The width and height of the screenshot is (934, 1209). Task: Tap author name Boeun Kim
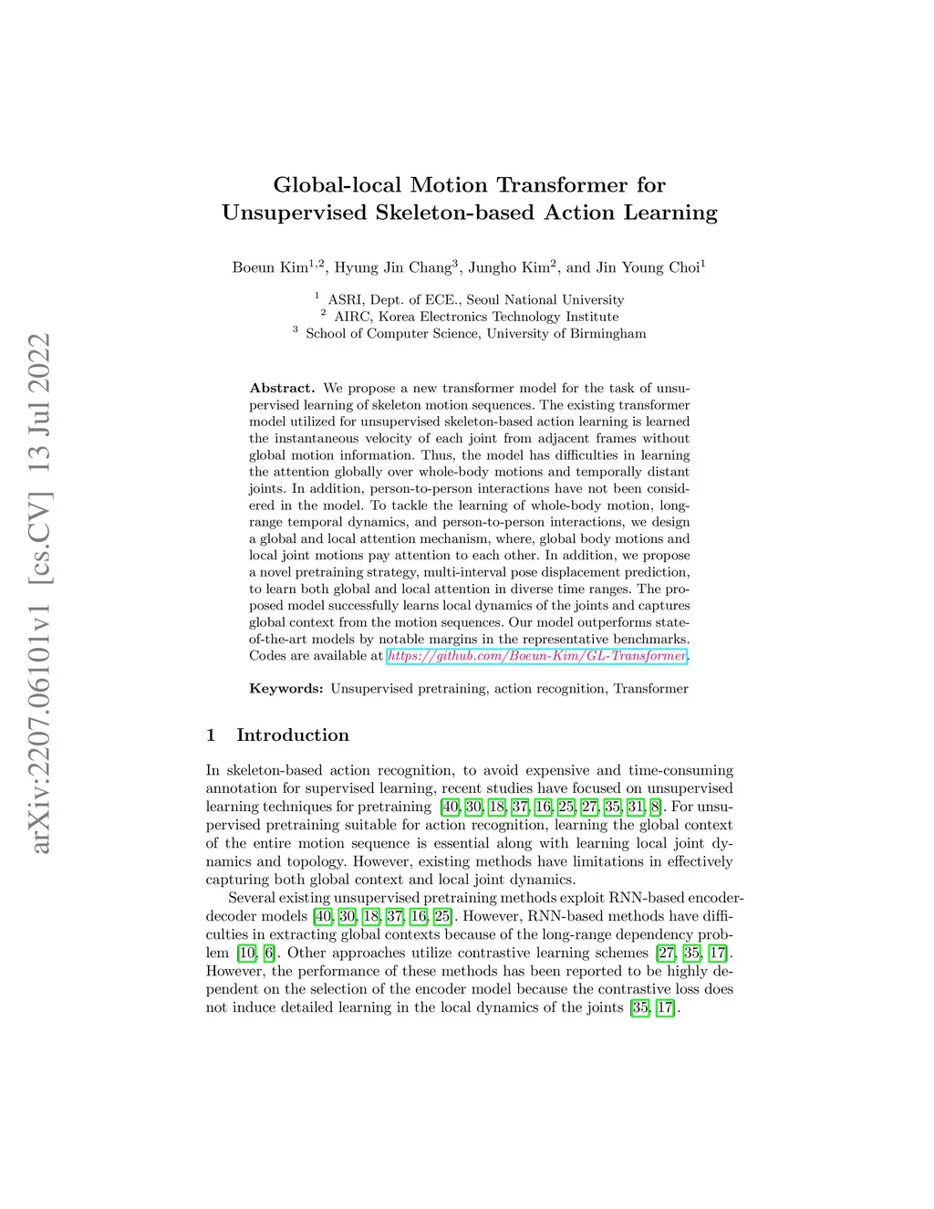[x=271, y=268]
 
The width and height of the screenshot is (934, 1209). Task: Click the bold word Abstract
[x=282, y=388]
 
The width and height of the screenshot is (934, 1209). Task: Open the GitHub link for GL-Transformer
[x=536, y=656]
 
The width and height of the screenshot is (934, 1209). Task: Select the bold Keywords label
[x=286, y=689]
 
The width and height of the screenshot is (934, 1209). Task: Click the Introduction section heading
[x=292, y=735]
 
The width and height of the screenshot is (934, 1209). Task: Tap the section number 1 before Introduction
[x=211, y=735]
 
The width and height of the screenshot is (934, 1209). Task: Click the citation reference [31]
[x=636, y=807]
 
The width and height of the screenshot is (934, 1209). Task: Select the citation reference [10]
[x=246, y=954]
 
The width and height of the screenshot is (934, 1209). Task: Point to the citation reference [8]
[x=656, y=807]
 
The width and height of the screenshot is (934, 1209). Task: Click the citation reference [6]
[x=269, y=954]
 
